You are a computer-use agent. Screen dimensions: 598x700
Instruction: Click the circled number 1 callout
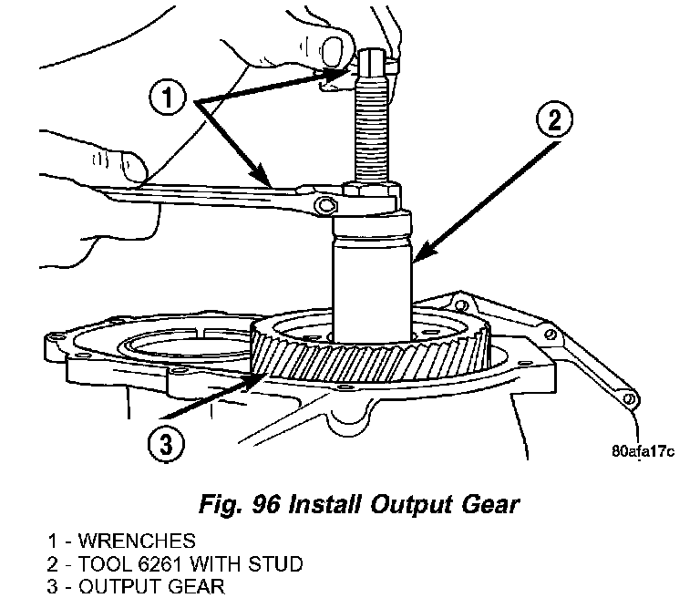173,97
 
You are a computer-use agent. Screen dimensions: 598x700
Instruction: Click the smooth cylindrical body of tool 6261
372,273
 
